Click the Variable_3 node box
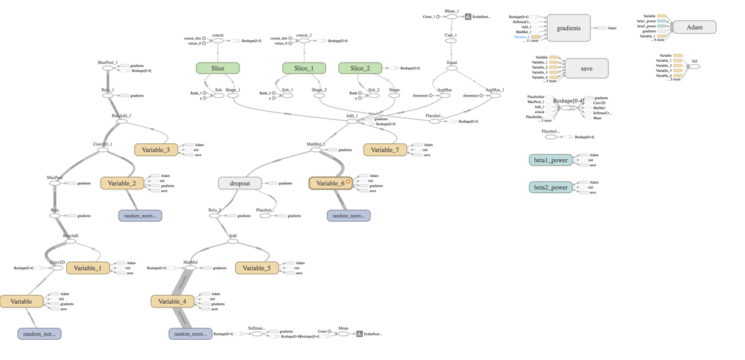155,150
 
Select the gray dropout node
239,183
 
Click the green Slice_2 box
360,68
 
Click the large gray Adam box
695,27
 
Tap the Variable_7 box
385,150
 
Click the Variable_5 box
256,268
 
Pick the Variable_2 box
122,184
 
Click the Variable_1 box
88,268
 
